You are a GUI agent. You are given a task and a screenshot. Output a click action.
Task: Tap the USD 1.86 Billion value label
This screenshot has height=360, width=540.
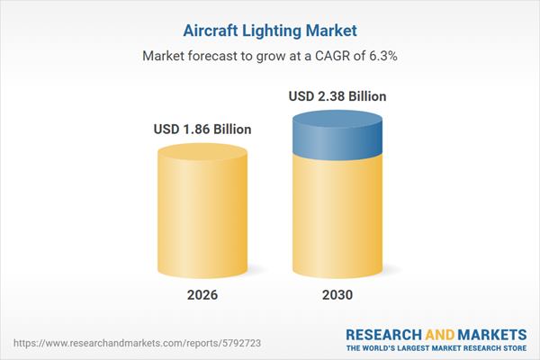click(x=202, y=130)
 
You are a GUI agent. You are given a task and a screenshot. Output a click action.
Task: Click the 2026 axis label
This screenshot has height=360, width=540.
click(x=202, y=294)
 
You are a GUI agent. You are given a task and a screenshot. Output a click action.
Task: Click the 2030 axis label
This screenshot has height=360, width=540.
click(x=337, y=294)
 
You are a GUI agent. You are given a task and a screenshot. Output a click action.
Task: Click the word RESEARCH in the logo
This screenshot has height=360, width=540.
click(x=381, y=334)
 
